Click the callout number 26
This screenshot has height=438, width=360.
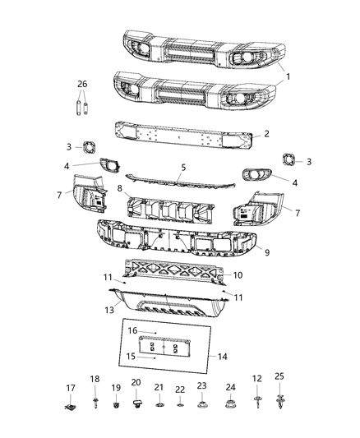tap(82, 84)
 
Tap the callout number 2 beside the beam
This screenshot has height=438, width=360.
tap(267, 133)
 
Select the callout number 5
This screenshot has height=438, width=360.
tap(183, 168)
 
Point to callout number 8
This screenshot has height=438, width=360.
tap(120, 188)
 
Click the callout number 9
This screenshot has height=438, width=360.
tap(267, 252)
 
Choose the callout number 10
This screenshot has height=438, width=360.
tap(238, 275)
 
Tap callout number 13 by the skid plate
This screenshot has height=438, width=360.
tap(109, 310)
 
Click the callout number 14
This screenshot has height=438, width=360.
tap(222, 357)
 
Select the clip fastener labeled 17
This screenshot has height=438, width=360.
tap(71, 408)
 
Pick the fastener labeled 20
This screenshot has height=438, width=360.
tap(136, 403)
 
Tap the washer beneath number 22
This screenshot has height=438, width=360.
tap(180, 405)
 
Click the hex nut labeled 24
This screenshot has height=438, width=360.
tap(230, 403)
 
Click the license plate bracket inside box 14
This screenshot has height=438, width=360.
tap(164, 347)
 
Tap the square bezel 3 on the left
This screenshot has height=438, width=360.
tap(89, 147)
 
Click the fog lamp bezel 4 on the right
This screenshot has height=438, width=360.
tap(256, 175)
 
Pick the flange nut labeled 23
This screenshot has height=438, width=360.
tap(201, 404)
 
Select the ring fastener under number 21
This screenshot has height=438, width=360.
tap(159, 405)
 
